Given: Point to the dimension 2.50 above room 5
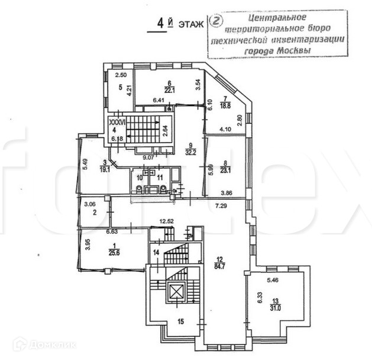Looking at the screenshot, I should coord(121,75).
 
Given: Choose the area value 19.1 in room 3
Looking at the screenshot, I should coord(105,168).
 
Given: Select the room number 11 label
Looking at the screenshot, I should coord(160,177).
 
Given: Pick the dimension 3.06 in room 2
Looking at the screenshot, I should coord(90,205).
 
